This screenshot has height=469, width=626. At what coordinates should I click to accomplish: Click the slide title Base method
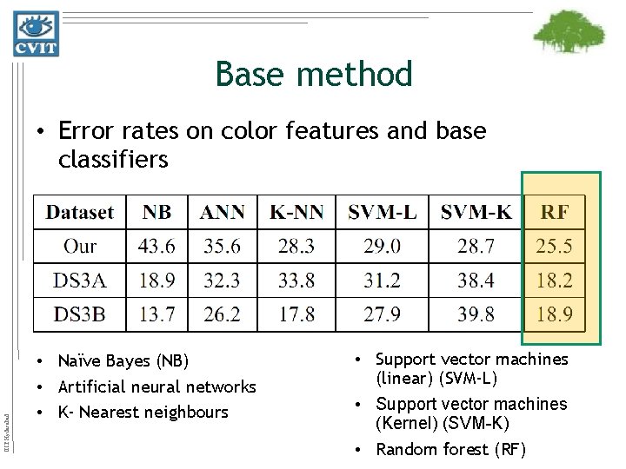[x=314, y=75]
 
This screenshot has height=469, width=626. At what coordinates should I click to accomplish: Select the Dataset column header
[x=80, y=212]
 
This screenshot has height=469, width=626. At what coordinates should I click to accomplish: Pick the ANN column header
[x=223, y=212]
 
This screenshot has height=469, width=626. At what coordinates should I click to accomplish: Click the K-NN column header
[x=296, y=212]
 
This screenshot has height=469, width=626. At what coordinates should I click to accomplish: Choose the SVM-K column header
[x=476, y=212]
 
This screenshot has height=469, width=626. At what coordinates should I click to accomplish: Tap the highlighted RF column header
[x=556, y=212]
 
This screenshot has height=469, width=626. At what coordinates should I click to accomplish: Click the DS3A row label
[x=80, y=280]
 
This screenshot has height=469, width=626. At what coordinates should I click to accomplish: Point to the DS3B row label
[x=80, y=314]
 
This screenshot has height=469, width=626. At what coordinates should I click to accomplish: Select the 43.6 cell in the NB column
[x=156, y=247]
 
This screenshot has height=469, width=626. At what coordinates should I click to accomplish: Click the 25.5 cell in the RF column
[x=554, y=247]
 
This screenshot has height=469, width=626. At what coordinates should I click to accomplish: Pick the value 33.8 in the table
[x=296, y=280]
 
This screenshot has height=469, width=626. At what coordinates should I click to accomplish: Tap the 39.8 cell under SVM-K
[x=476, y=314]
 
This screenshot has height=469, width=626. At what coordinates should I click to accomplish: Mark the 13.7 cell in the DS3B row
[x=156, y=314]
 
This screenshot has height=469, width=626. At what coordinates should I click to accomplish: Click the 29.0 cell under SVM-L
[x=383, y=247]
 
